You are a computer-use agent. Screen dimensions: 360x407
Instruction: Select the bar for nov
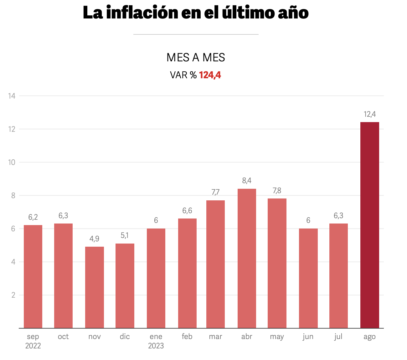point(95,287)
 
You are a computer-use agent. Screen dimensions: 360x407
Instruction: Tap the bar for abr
point(247,258)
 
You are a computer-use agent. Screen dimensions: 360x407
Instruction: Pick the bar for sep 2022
point(33,276)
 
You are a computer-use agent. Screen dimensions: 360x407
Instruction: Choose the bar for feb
point(187,273)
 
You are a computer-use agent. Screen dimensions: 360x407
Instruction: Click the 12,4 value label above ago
point(369,114)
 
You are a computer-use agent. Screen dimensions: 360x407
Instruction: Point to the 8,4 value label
point(247,181)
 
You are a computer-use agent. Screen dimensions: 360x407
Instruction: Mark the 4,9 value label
point(94,239)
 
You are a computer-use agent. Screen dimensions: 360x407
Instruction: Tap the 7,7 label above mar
point(215,192)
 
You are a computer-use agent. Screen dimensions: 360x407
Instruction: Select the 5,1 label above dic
point(125,235)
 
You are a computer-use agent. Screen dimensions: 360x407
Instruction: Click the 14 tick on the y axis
point(12,96)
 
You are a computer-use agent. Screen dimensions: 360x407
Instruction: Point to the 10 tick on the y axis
point(12,162)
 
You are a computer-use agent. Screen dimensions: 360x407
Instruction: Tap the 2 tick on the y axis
point(13,295)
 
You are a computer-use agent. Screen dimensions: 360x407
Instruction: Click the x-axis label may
point(277,337)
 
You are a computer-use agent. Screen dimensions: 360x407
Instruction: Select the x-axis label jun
point(308,337)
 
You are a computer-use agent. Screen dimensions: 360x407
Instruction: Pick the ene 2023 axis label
point(156,341)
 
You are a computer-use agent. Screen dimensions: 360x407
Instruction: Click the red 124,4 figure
point(210,75)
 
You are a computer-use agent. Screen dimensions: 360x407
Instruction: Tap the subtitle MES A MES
point(196,58)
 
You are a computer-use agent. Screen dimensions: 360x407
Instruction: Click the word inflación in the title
point(142,13)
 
